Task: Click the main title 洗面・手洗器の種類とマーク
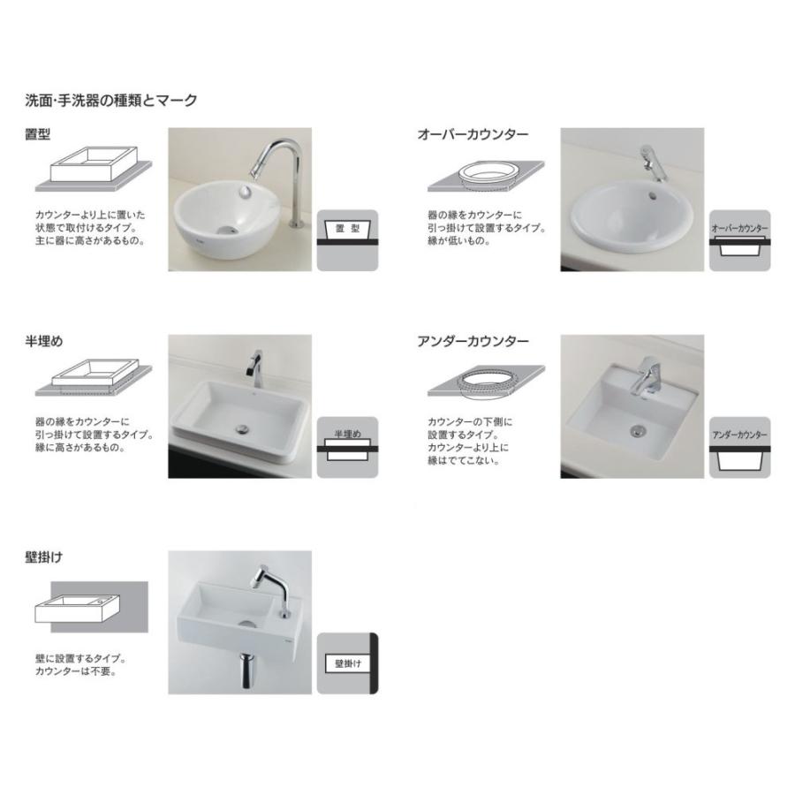(111, 101)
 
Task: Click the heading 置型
(38, 135)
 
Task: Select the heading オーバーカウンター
(473, 135)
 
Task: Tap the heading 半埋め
(44, 341)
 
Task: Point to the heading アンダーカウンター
(473, 341)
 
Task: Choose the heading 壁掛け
(44, 557)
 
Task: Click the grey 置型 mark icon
(347, 239)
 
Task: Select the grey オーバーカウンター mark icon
(739, 239)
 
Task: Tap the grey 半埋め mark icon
(347, 447)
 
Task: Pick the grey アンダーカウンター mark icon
(739, 447)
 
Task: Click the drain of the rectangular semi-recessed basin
(242, 430)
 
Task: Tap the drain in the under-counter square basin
(634, 431)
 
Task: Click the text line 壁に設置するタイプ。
(80, 659)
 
